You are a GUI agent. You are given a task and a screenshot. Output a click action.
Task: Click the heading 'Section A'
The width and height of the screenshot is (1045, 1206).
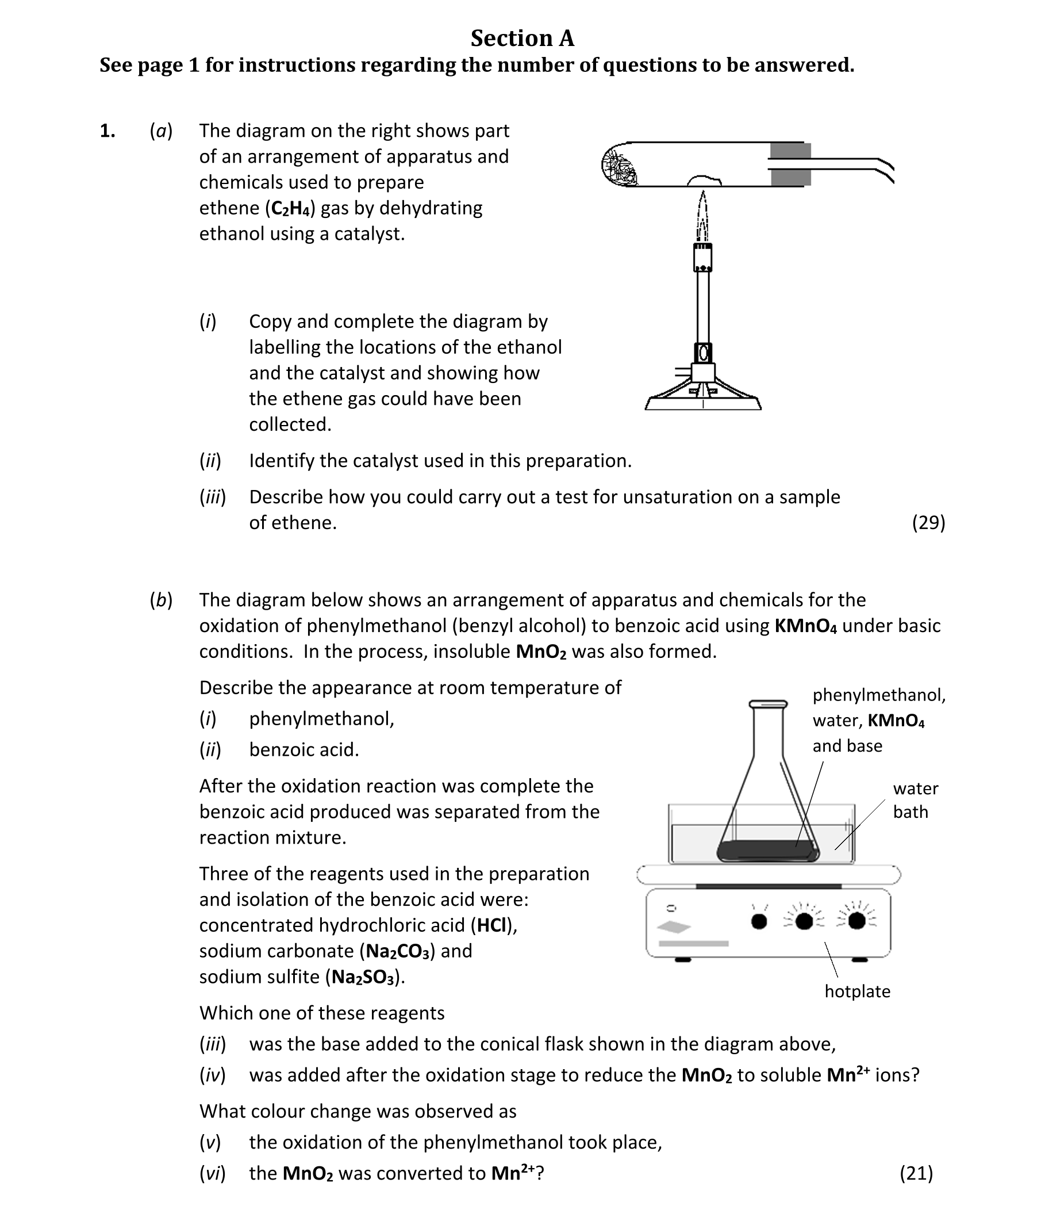(522, 39)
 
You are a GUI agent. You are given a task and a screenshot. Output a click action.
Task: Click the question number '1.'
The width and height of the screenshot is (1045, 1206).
(107, 131)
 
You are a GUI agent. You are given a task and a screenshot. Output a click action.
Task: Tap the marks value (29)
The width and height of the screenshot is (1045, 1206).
(928, 522)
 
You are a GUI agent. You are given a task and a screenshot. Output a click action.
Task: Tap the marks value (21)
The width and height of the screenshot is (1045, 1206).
(916, 1173)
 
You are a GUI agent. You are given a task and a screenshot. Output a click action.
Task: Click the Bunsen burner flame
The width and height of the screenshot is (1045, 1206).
(702, 217)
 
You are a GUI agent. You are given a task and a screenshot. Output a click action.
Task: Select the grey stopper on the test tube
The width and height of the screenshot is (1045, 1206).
(790, 164)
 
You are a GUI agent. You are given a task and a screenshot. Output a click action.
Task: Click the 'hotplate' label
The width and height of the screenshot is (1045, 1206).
(856, 991)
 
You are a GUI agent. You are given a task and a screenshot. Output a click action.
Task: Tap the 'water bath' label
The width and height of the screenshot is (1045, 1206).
(915, 800)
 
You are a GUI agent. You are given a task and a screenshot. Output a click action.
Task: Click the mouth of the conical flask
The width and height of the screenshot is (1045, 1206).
(768, 705)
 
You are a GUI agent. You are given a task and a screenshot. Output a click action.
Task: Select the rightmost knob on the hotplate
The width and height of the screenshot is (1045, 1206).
(856, 921)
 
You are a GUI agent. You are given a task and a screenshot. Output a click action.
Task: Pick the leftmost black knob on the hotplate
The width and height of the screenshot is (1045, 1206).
(759, 922)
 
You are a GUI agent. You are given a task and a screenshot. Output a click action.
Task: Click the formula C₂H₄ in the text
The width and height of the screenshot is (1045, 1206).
(290, 208)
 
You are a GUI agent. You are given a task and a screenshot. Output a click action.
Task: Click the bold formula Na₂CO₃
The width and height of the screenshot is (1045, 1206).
(398, 952)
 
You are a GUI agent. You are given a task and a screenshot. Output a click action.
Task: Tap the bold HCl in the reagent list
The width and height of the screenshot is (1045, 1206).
(490, 925)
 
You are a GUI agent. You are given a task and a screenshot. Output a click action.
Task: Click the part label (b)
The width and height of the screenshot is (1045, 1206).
(161, 600)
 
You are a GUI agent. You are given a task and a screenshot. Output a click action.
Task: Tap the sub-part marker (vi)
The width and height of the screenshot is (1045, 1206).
(212, 1173)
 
